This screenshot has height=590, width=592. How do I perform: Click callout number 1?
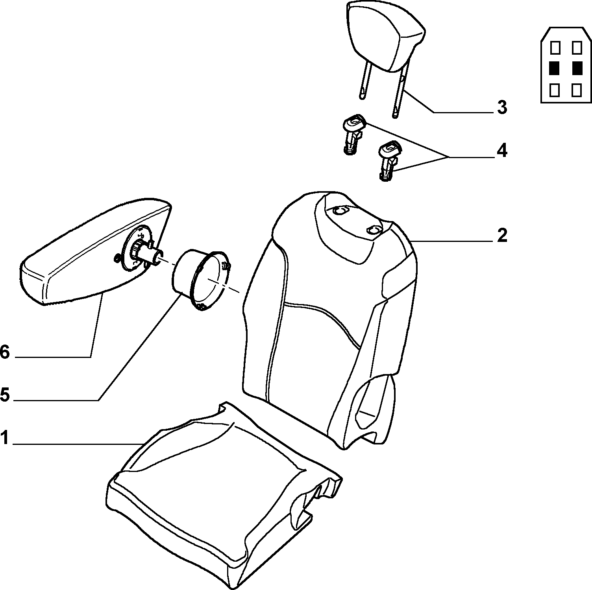tap(4, 438)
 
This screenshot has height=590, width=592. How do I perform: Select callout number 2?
tap(502, 235)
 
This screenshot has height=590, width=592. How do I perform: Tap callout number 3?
tap(502, 107)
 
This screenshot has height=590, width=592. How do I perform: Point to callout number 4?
tap(502, 151)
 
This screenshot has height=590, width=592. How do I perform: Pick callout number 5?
tap(5, 395)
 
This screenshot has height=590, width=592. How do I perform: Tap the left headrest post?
tap(365, 81)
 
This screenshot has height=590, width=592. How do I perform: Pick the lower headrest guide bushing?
tap(388, 160)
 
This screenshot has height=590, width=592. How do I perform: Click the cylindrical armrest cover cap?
tap(201, 280)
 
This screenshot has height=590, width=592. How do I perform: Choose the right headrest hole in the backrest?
tap(374, 229)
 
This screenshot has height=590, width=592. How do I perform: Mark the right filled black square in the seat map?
tap(577, 68)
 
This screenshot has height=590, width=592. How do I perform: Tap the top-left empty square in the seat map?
tap(555, 48)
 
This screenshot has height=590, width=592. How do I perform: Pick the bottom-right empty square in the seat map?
tap(577, 90)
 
